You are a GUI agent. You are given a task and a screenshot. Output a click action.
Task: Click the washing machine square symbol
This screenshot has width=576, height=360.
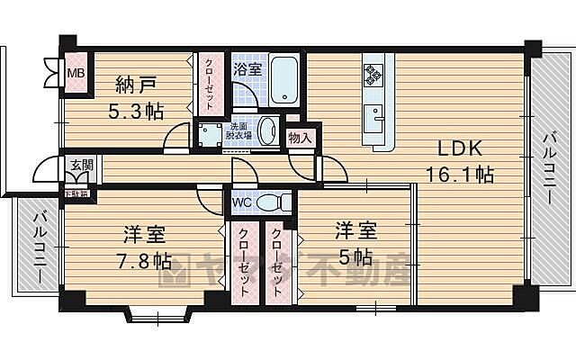211,136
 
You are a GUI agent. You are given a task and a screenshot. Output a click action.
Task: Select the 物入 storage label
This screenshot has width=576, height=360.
300,138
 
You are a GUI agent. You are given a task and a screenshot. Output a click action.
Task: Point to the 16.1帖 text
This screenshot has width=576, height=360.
459,175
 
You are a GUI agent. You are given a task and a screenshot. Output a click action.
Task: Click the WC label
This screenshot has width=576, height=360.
242,202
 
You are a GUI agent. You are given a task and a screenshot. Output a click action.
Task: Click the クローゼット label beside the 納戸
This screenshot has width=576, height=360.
208,83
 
